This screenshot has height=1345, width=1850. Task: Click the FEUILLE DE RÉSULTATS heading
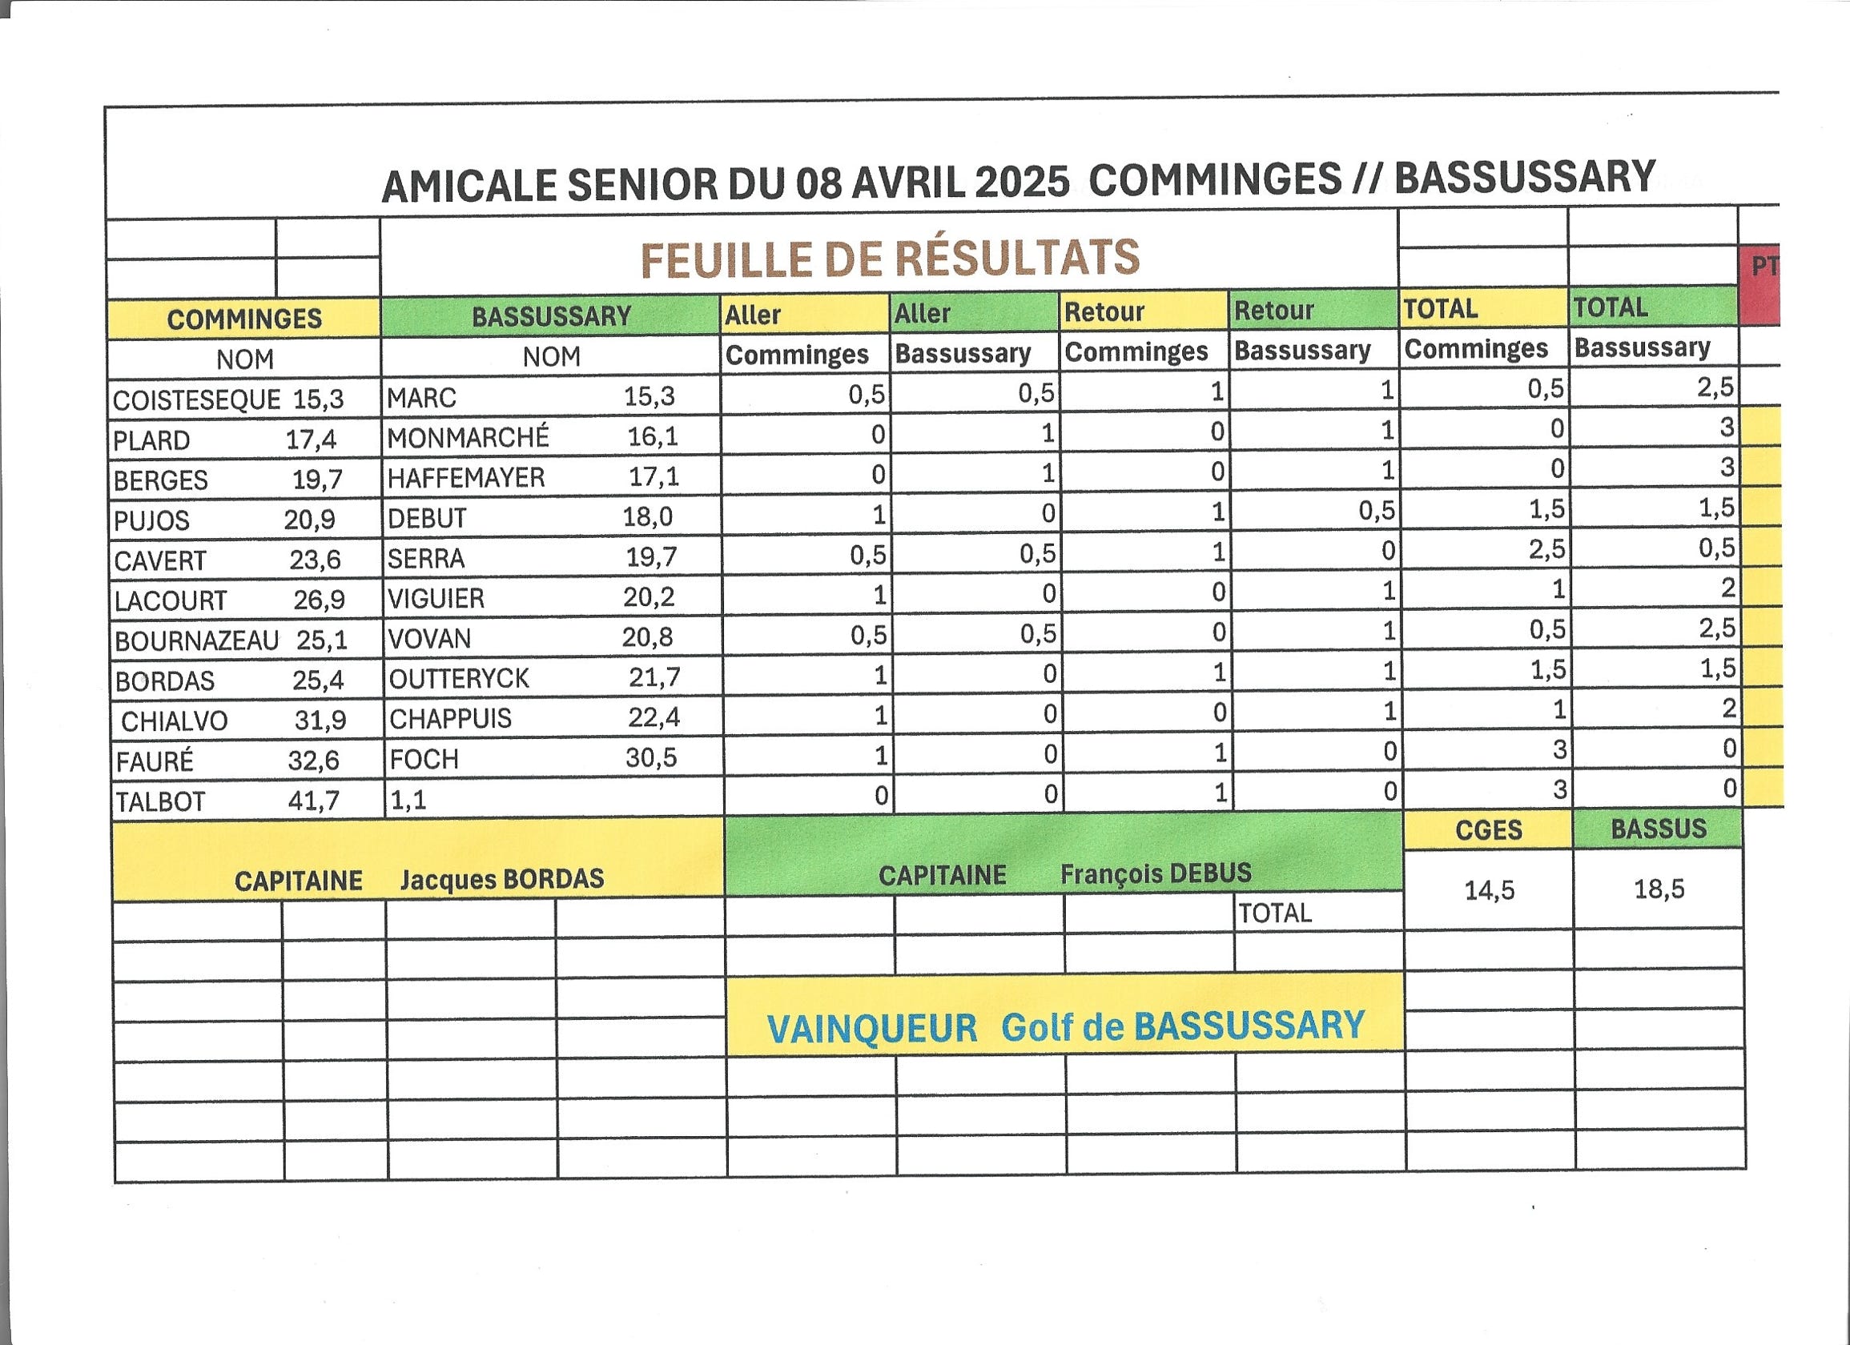click(x=890, y=259)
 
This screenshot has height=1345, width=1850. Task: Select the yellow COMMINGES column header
click(x=244, y=319)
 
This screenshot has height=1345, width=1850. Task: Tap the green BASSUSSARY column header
click(x=552, y=316)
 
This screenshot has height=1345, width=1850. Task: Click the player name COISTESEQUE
click(x=195, y=400)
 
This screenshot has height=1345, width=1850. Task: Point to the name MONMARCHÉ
click(x=468, y=438)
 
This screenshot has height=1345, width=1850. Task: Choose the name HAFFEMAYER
click(x=466, y=478)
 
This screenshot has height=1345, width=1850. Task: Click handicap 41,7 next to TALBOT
click(x=314, y=801)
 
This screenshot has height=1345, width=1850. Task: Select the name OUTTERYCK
click(x=459, y=679)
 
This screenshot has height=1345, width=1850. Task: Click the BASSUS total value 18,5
click(x=1659, y=888)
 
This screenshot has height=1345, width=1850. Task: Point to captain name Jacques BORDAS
click(x=502, y=878)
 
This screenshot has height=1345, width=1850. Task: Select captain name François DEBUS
click(x=1156, y=873)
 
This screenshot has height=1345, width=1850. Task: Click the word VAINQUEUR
click(x=872, y=1029)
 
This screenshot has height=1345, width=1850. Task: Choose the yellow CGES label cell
click(x=1489, y=830)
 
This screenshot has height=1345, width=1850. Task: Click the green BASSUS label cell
click(x=1659, y=829)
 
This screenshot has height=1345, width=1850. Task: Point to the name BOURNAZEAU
click(x=196, y=641)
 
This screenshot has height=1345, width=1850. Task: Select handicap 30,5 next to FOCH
click(x=651, y=757)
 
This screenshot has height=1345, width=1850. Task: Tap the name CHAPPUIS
click(x=450, y=719)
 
